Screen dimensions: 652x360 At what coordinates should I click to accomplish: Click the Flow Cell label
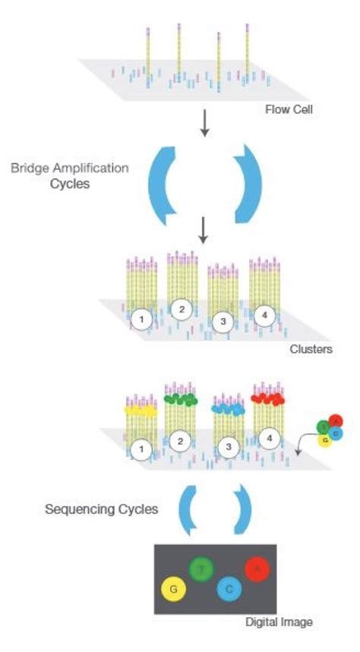tap(289, 109)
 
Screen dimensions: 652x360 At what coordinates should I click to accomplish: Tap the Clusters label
tap(311, 351)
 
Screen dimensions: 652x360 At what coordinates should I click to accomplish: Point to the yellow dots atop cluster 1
tap(141, 410)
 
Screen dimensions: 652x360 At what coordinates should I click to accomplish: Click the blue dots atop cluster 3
tap(227, 409)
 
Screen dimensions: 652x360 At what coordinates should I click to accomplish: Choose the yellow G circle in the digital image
tap(173, 588)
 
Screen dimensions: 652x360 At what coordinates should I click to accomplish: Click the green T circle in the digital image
tap(201, 569)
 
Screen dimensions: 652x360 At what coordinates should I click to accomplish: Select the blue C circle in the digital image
tap(229, 588)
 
